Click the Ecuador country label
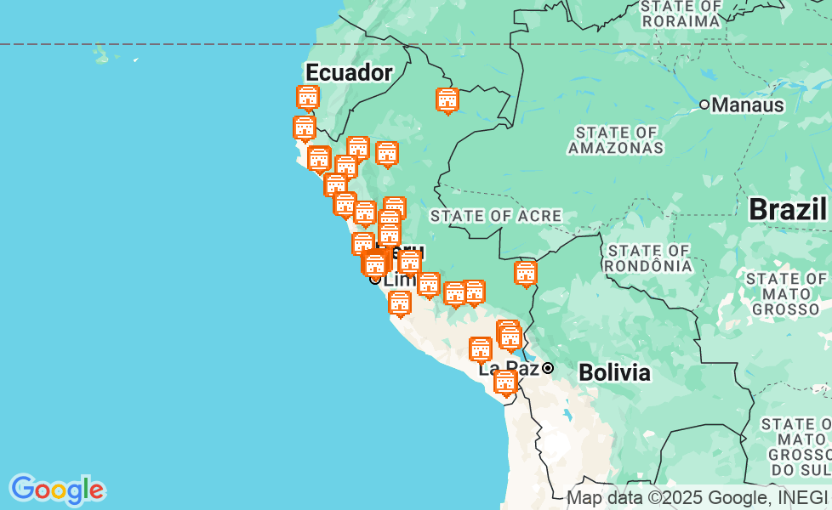349,72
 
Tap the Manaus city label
747,105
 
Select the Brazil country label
788,209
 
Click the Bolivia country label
614,372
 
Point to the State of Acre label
496,216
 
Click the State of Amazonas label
616,140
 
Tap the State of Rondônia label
648,258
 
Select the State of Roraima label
681,14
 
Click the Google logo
57,490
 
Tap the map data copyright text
697,498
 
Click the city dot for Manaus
704,105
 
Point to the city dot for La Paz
549,368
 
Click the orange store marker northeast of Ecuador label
447,100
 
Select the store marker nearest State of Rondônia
526,274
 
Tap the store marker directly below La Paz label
505,383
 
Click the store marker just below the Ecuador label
308,98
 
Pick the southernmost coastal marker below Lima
400,303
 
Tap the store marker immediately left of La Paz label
481,349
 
